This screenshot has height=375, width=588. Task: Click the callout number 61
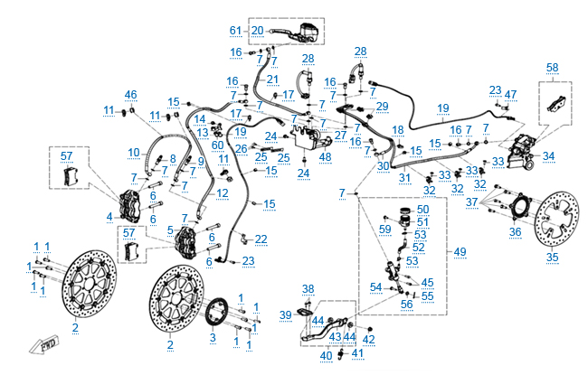pyautogui.click(x=236, y=31)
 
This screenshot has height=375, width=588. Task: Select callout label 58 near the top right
pyautogui.click(x=552, y=67)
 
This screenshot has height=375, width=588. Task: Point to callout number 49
pyautogui.click(x=460, y=250)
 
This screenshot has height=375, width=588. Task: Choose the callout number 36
pyautogui.click(x=515, y=232)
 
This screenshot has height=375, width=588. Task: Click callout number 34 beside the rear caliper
pyautogui.click(x=549, y=155)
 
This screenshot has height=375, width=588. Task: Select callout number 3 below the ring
pyautogui.click(x=213, y=337)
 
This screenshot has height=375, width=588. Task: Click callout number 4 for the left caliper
pyautogui.click(x=109, y=217)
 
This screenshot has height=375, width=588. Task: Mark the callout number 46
pyautogui.click(x=131, y=95)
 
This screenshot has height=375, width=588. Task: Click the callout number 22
pyautogui.click(x=261, y=239)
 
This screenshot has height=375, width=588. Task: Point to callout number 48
pyautogui.click(x=325, y=156)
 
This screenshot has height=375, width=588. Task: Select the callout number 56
pyautogui.click(x=406, y=305)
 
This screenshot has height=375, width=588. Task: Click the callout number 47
pyautogui.click(x=511, y=94)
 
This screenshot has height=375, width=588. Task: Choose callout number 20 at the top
pyautogui.click(x=257, y=31)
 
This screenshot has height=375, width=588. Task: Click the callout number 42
pyautogui.click(x=368, y=339)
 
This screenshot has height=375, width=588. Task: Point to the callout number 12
pyautogui.click(x=223, y=193)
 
